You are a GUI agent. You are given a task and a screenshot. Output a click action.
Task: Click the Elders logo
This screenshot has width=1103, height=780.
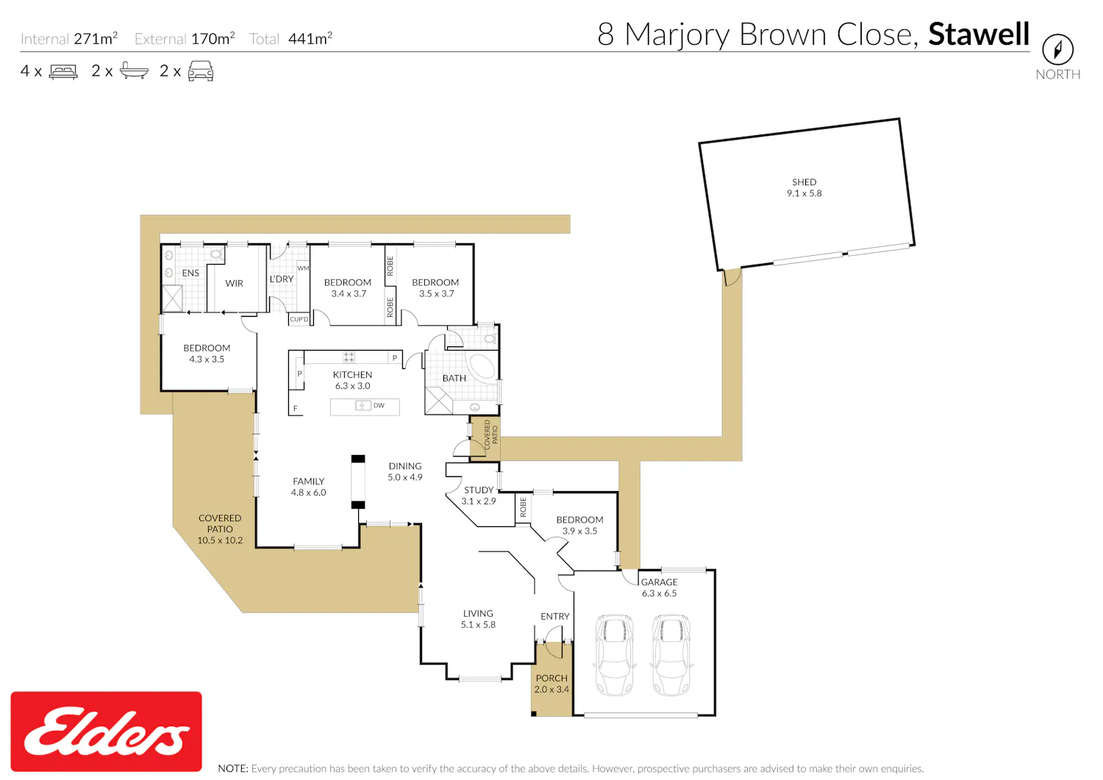tap(107, 731)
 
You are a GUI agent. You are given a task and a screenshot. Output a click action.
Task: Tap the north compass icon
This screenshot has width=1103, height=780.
tap(1057, 49)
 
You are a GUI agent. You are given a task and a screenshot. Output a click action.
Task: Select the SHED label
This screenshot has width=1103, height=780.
tap(804, 182)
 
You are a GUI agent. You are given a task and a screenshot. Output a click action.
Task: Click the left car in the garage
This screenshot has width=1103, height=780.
tap(615, 654)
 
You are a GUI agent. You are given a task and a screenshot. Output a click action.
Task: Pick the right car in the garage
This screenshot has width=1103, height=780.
tap(671, 654)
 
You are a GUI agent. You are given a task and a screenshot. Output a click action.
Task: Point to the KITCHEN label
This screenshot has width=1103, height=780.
tap(352, 375)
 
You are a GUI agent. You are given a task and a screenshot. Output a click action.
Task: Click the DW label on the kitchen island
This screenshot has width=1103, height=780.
tap(379, 405)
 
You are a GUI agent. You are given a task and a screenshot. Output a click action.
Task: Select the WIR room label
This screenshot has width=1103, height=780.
tap(235, 283)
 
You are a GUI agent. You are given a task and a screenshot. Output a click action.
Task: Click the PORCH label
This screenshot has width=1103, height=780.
tap(551, 678)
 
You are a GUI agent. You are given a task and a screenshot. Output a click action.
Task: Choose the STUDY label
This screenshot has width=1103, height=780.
tap(479, 490)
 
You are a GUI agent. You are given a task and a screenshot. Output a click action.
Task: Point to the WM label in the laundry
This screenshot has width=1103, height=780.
tap(303, 268)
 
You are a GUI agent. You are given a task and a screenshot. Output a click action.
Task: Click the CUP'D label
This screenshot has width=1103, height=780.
tap(299, 319)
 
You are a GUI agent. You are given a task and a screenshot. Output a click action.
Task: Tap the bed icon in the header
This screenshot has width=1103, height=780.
tap(63, 71)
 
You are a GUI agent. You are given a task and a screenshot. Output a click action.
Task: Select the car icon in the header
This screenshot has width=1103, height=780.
tap(201, 71)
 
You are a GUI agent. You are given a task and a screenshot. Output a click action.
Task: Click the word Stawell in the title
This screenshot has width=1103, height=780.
tap(979, 34)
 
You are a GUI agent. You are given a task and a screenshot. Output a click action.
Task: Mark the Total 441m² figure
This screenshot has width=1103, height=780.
tap(290, 38)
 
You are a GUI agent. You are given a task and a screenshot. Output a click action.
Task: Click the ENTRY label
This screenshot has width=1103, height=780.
tap(555, 617)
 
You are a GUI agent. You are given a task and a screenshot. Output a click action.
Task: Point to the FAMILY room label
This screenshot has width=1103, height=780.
tap(309, 481)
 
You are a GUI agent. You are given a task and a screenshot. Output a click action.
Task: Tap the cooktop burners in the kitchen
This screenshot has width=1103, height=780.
tap(349, 357)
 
